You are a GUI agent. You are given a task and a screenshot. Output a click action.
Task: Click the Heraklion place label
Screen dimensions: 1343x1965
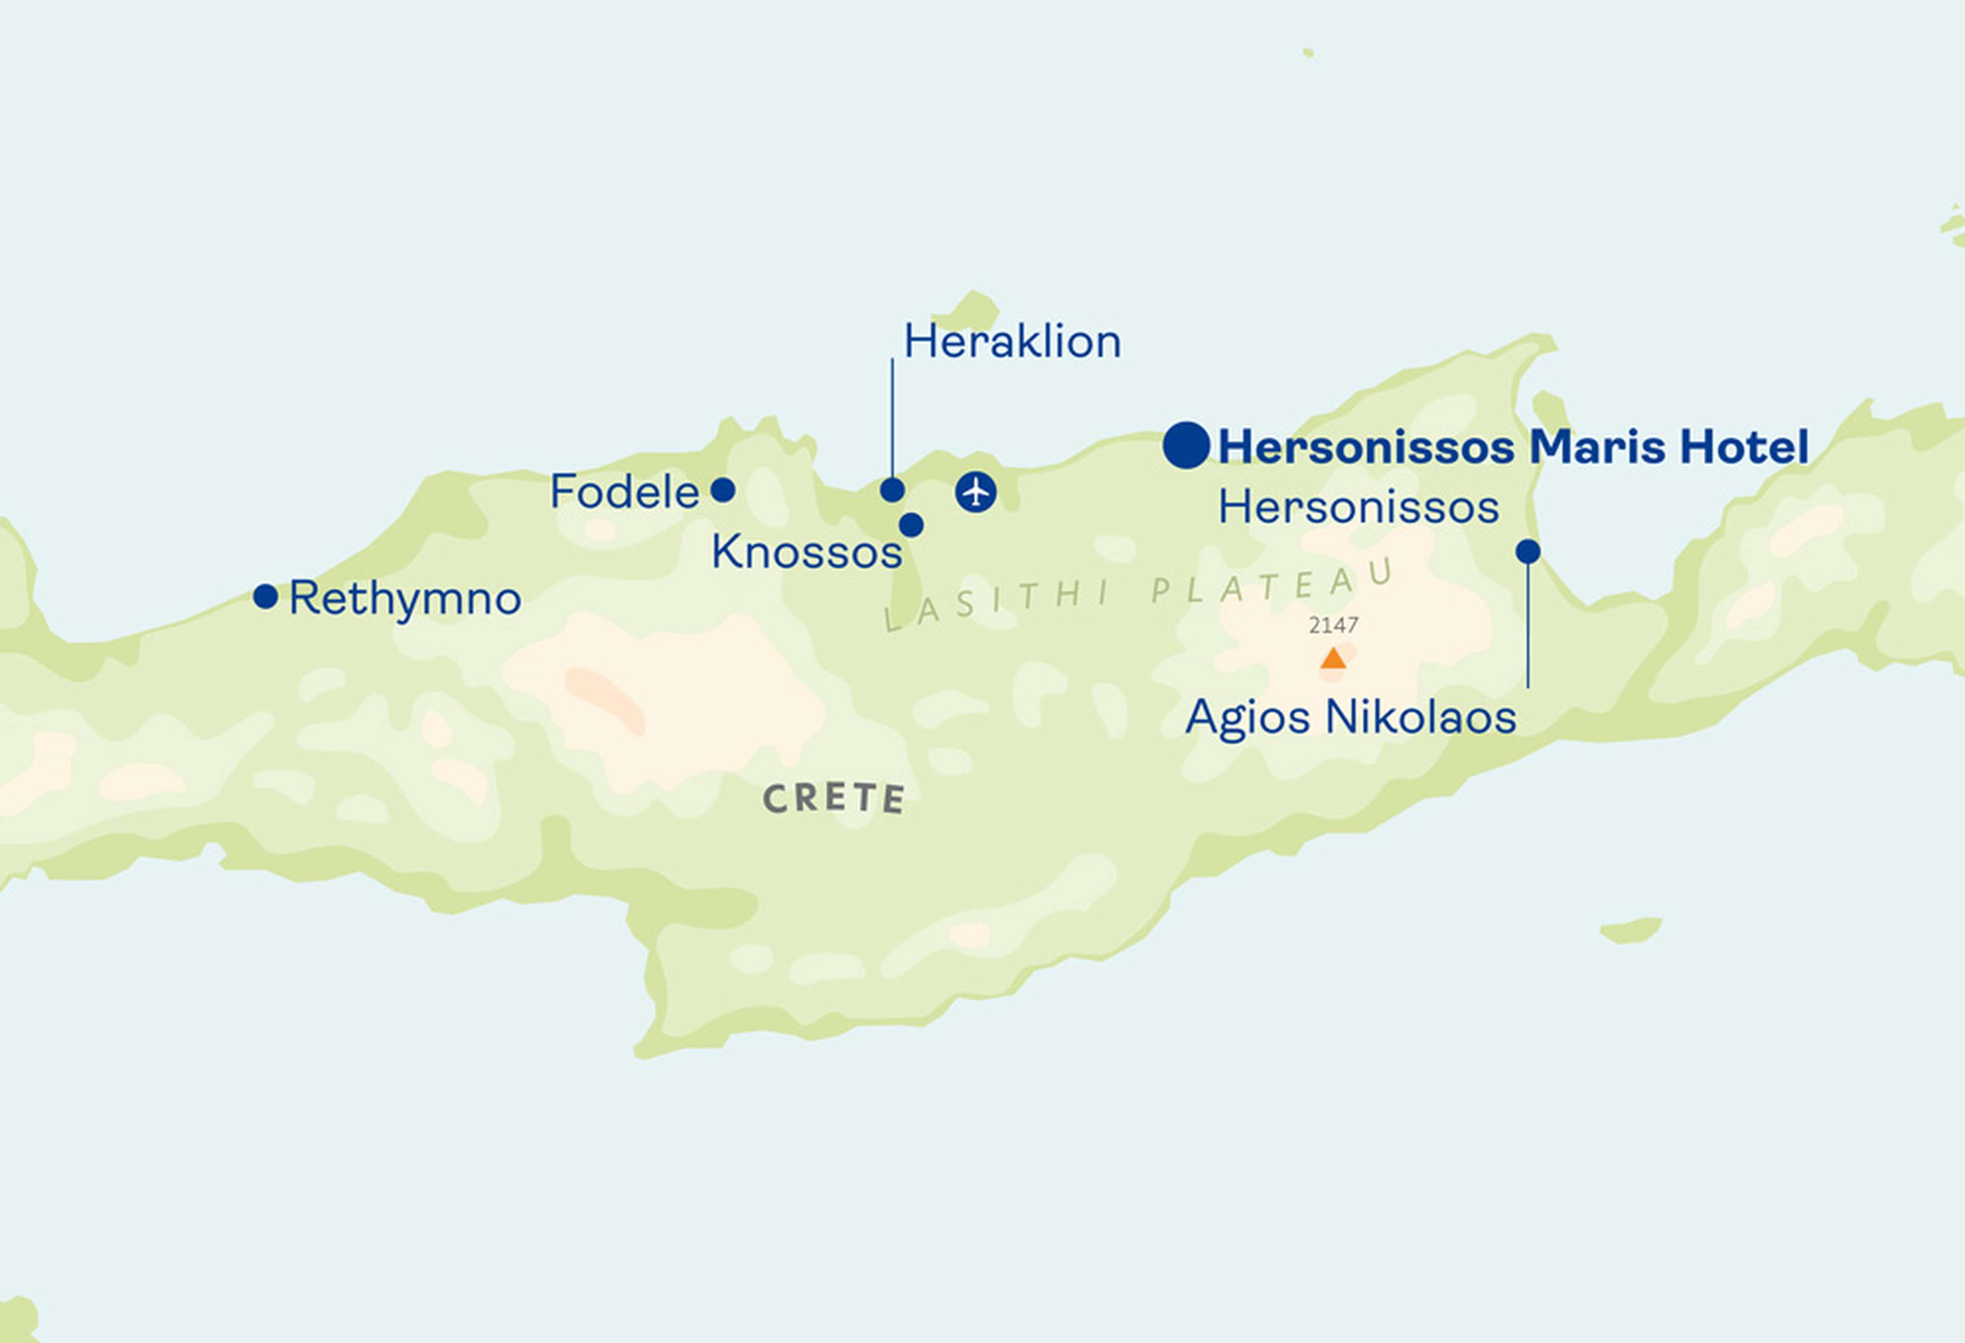click(x=1012, y=342)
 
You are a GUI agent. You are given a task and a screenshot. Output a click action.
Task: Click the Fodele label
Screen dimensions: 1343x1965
click(x=624, y=492)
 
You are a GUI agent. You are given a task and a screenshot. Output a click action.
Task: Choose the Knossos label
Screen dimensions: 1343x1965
click(x=806, y=552)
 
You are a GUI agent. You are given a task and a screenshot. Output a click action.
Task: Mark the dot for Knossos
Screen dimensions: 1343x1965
click(x=911, y=525)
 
